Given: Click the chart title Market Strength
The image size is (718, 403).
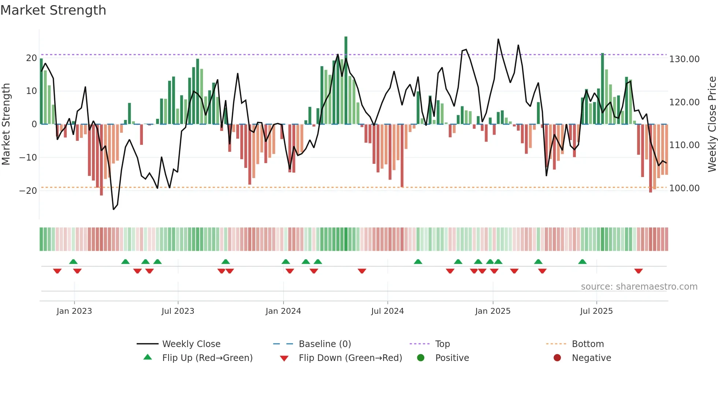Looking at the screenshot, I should pos(53,10).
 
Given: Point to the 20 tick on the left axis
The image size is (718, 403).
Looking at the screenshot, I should pos(31,58).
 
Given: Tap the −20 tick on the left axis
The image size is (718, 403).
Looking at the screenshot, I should pos(28,191).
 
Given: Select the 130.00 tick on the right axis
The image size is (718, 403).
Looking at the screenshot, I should pos(684,59).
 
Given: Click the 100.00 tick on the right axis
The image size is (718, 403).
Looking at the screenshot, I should pos(684,188).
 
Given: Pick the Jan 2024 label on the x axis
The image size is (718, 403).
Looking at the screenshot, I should pos(283,311).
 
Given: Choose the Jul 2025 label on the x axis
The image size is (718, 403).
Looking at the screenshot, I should pos(596,311).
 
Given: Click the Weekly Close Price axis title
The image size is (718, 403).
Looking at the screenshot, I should pos(712,124).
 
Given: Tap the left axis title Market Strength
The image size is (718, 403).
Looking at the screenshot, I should pos(6,124).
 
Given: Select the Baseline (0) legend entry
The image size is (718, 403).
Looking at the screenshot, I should pos(325,344).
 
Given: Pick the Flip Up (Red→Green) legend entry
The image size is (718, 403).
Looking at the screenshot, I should pos(207,358).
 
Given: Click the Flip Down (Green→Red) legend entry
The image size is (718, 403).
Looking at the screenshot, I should pos(350,358).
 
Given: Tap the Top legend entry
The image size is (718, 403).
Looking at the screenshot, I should pos(442,344).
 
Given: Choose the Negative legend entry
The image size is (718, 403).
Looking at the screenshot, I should pos(591,358).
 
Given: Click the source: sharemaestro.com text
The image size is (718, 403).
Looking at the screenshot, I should pos(639,287).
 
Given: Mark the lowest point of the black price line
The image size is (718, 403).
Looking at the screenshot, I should pos(114,209).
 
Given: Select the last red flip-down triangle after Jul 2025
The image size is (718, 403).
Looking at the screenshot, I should pos(639,271).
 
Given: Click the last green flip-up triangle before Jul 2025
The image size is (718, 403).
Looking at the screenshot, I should pos(582,261).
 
